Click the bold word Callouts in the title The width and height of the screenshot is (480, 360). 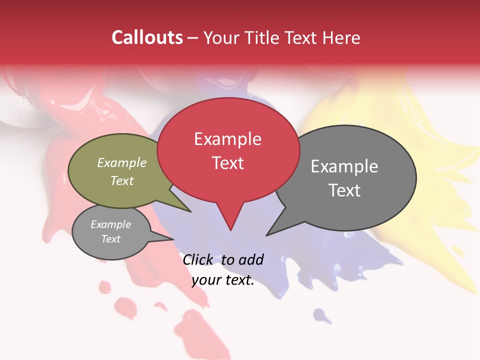click(147, 37)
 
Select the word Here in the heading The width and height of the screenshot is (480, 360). click(341, 37)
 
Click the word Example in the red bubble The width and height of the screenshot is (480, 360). click(227, 139)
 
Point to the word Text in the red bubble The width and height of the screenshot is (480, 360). click(227, 163)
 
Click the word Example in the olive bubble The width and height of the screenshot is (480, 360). click(122, 163)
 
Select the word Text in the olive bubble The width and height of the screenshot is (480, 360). click(122, 180)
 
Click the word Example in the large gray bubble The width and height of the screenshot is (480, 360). click(344, 166)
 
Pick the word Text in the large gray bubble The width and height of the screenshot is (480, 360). click(344, 190)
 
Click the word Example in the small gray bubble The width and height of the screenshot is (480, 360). click(111, 224)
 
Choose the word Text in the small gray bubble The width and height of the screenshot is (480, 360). click(111, 239)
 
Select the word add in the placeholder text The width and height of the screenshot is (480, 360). click(251, 259)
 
